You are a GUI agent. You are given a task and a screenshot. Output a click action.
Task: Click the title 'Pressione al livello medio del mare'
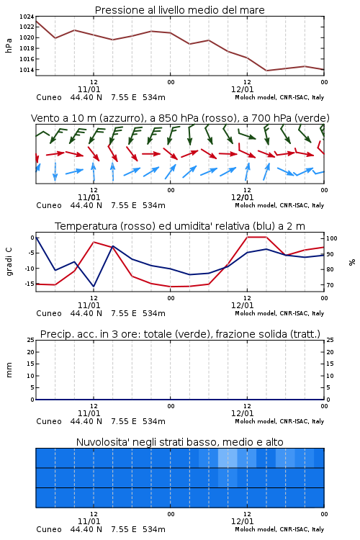click(179, 10)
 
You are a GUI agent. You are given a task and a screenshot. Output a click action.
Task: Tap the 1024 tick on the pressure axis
click(27, 17)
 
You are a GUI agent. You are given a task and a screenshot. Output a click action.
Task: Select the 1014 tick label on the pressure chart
click(27, 70)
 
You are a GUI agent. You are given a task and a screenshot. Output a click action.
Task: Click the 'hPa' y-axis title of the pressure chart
click(9, 45)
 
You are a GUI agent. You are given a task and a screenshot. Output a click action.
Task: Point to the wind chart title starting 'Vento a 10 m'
click(180, 118)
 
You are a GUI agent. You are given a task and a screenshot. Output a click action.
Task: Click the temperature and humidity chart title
click(180, 226)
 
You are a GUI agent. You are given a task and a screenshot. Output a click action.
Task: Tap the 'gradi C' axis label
click(9, 261)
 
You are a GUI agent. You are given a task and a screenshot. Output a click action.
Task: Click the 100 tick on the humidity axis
click(332, 238)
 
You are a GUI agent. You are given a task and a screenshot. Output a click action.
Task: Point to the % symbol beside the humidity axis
click(352, 262)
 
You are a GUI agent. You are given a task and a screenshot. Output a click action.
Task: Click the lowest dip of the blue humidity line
click(94, 287)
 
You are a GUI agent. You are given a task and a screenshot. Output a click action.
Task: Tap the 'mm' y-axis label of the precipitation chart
click(9, 370)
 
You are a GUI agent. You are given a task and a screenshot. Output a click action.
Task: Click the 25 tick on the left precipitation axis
click(31, 340)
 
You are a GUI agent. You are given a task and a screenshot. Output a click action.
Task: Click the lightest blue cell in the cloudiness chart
click(228, 458)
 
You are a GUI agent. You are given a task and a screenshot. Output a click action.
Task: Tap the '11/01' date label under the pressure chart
click(89, 89)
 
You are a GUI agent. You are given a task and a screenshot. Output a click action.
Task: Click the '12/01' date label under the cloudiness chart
click(242, 521)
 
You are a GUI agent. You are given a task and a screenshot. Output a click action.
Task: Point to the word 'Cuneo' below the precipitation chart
click(49, 421)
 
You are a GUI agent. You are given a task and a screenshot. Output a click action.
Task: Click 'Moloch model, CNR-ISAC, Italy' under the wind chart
click(279, 205)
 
